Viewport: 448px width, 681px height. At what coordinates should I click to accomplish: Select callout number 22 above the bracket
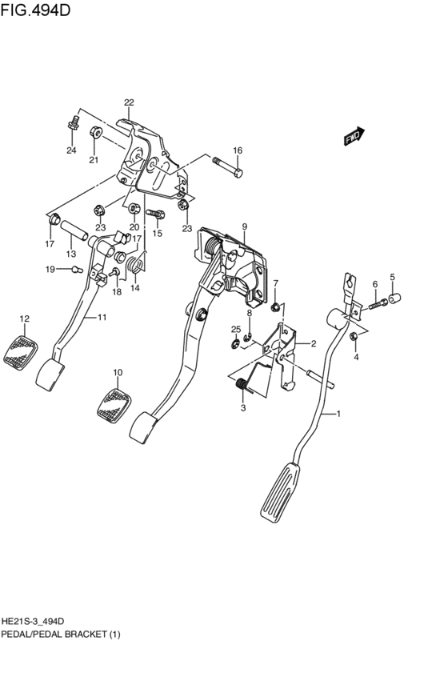tap(129, 102)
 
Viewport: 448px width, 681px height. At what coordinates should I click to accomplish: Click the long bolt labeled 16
tap(229, 170)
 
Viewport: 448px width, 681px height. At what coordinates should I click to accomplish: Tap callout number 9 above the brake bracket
tap(245, 226)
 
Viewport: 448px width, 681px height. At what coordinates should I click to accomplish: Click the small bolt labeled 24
tap(73, 123)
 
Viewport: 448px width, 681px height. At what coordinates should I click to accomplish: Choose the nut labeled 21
tap(94, 133)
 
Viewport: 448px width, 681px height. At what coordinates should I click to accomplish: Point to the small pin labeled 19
tap(70, 270)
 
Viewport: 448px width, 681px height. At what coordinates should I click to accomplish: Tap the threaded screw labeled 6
tap(376, 305)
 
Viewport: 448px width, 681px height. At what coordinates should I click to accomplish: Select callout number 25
tap(236, 330)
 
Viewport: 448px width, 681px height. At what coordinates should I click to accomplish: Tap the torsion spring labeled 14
tap(137, 264)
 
